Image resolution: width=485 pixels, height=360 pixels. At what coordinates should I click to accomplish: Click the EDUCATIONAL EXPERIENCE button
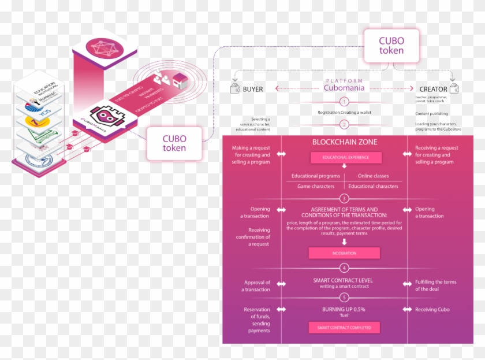[x=345, y=157]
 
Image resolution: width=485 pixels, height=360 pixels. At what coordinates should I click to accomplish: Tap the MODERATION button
[x=344, y=253]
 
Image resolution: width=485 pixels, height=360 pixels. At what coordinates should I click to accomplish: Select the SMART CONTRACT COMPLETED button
[x=344, y=328]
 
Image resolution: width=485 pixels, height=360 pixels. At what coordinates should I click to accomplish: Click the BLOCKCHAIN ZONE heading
[x=345, y=142]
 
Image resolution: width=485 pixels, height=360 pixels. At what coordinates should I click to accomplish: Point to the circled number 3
[x=345, y=198]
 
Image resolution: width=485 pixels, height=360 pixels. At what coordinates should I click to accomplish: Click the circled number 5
[x=345, y=298]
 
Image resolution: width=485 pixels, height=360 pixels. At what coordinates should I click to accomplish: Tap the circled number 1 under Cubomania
[x=345, y=102]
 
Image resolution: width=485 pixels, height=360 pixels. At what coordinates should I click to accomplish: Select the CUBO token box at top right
[x=391, y=46]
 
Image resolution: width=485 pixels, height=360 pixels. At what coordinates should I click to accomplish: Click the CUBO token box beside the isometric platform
[x=174, y=143]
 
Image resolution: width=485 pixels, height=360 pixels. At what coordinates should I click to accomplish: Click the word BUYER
[x=253, y=89]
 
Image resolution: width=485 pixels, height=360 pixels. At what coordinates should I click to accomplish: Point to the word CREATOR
[x=433, y=89]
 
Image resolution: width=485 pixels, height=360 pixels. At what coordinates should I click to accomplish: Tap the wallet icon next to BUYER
[x=235, y=88]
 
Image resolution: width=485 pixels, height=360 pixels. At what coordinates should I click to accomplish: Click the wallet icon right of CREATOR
[x=454, y=88]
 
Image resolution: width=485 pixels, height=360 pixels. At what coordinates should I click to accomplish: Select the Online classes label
[x=373, y=176]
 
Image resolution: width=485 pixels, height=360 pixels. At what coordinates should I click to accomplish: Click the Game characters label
[x=316, y=186]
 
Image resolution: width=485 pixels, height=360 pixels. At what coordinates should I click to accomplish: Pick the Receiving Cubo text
[x=432, y=310]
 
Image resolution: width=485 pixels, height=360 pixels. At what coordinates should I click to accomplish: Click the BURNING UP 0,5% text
[x=344, y=310]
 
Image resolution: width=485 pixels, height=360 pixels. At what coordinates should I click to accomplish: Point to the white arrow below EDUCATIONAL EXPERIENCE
[x=345, y=166]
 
